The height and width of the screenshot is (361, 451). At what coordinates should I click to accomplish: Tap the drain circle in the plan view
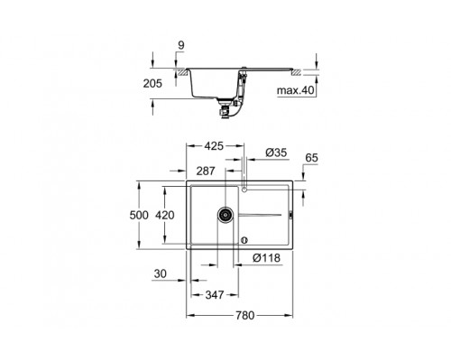pyautogui.click(x=224, y=217)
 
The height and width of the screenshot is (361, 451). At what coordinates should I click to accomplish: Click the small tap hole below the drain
pyautogui.click(x=244, y=239)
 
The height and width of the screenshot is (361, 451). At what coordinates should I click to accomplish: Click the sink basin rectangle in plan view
pyautogui.click(x=214, y=217)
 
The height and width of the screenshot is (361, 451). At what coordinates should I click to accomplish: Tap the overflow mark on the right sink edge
pyautogui.click(x=290, y=216)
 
